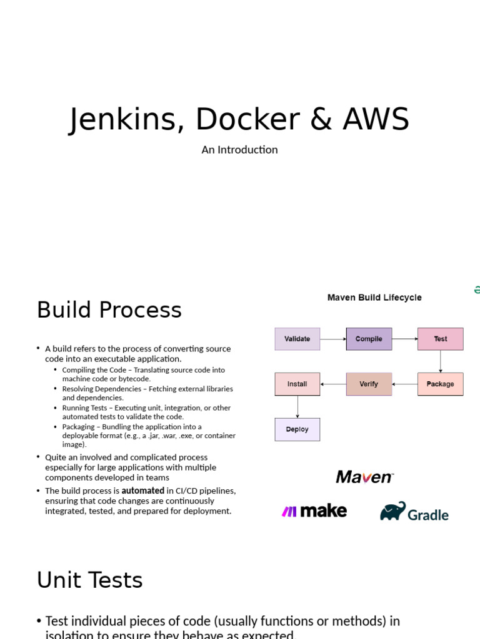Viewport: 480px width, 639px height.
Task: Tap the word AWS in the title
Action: [x=376, y=119]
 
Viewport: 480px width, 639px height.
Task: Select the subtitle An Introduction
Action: [x=239, y=150]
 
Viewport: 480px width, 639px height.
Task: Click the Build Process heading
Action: [x=109, y=310]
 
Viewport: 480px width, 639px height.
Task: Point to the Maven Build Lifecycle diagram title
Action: [x=374, y=298]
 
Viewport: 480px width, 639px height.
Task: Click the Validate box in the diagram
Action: [x=297, y=339]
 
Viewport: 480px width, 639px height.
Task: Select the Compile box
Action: [x=369, y=339]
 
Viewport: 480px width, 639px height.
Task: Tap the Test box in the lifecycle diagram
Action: [x=440, y=339]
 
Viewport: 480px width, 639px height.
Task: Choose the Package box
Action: [x=440, y=384]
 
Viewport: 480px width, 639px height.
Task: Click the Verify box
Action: [x=369, y=384]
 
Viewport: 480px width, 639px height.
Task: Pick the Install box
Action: [x=297, y=384]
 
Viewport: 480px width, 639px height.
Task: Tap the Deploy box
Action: [x=297, y=429]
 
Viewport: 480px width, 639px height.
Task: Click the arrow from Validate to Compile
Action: [x=333, y=339]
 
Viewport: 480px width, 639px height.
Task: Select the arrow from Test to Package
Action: [x=441, y=361]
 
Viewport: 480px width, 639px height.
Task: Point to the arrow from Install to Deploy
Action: [x=297, y=407]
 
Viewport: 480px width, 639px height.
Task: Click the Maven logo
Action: [x=364, y=477]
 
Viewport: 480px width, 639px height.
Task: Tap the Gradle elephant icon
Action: [x=393, y=511]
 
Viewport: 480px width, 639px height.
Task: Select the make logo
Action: [x=314, y=511]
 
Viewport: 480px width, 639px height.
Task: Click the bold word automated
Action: [x=143, y=490]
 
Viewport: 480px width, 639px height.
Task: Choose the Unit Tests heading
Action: [x=89, y=580]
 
